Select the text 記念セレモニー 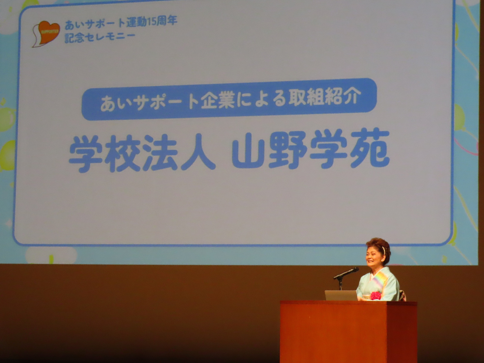[100, 38]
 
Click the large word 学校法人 [142, 152]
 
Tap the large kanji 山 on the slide [249, 150]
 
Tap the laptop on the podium [341, 295]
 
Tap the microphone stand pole [341, 284]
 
